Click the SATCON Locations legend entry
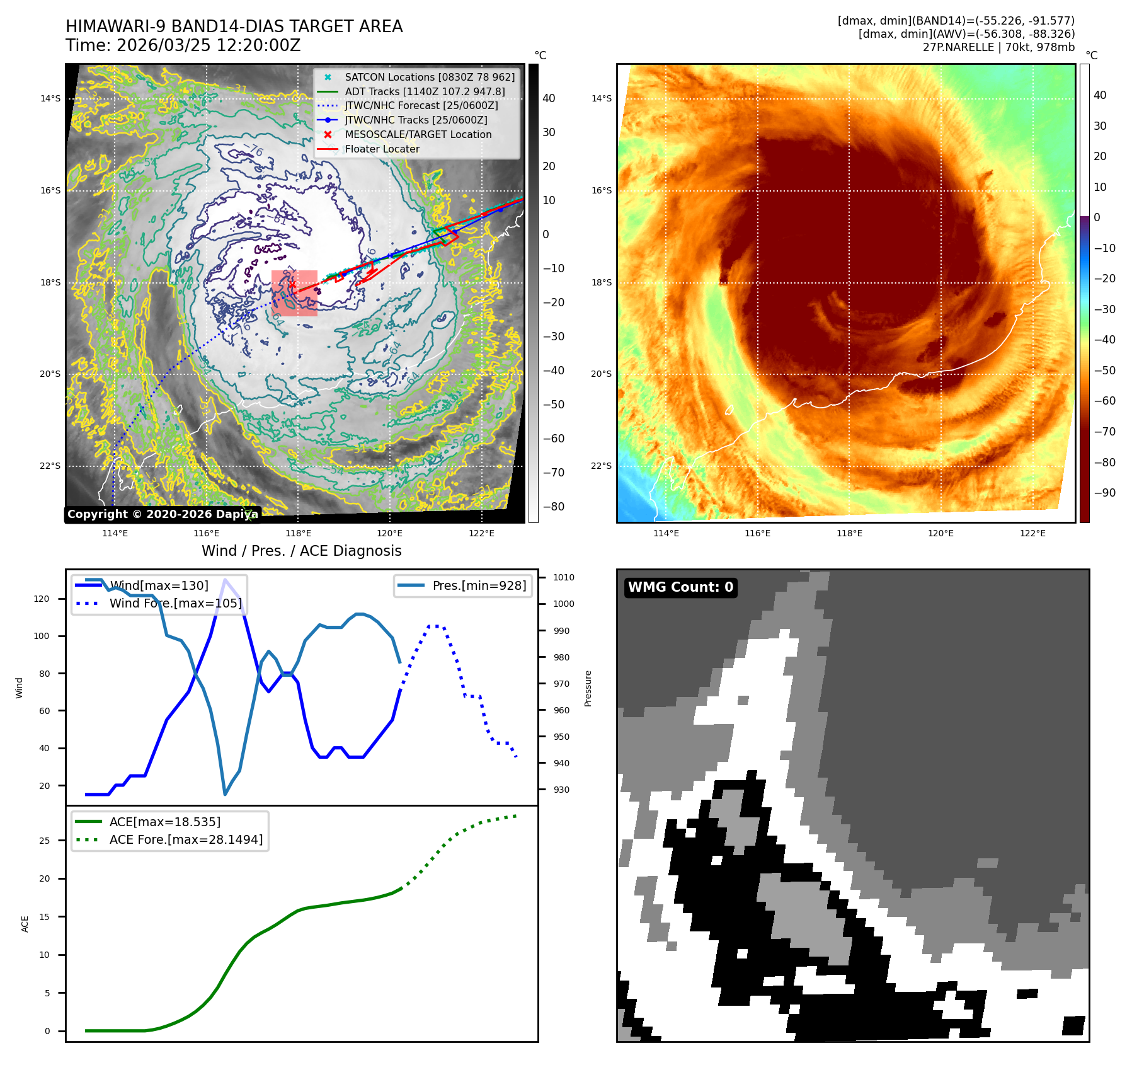[x=429, y=77]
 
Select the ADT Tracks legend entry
[x=425, y=91]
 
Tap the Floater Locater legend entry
[x=382, y=149]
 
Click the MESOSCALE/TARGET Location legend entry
[x=418, y=134]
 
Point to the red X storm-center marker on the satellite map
[x=292, y=285]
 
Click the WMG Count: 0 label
[x=680, y=587]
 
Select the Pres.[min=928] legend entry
[x=479, y=585]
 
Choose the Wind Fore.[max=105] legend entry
[x=175, y=603]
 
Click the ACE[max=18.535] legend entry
[x=164, y=822]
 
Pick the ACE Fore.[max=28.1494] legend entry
[x=186, y=839]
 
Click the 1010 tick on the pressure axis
[x=563, y=577]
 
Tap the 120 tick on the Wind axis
[x=42, y=599]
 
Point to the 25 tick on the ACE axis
[x=44, y=841]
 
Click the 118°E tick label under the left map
[x=298, y=533]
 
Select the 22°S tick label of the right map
[x=601, y=466]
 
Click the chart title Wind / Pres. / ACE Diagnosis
[x=301, y=551]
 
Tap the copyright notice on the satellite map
[x=162, y=514]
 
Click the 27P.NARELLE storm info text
[x=998, y=47]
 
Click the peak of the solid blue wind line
[x=225, y=579]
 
